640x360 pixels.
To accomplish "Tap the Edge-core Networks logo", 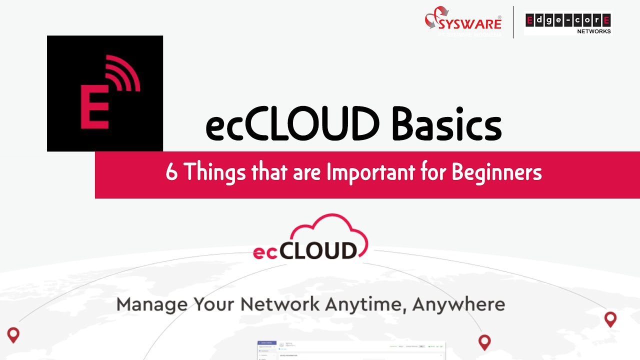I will point(568,23).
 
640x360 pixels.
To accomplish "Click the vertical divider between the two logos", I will point(513,22).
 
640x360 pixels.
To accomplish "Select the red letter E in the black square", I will point(94,106).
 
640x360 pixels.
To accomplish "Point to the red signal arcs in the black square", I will point(123,75).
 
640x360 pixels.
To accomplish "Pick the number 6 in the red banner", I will point(171,172).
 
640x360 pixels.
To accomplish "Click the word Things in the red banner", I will point(214,172).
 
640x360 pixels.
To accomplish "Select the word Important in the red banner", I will point(370,172).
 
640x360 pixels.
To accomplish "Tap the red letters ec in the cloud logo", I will point(265,252).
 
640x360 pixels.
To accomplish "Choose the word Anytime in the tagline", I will point(367,304).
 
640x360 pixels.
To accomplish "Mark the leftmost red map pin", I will point(13,334).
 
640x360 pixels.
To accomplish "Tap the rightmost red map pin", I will point(610,318).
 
